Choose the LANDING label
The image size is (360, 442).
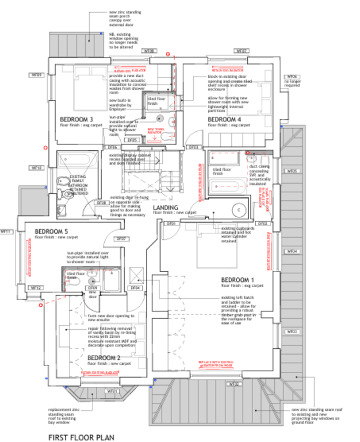pyautogui.click(x=166, y=207)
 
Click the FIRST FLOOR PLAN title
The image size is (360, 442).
pyautogui.click(x=81, y=437)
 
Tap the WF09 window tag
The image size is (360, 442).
pyautogui.click(x=37, y=75)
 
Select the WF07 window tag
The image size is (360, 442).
pyautogui.click(x=242, y=51)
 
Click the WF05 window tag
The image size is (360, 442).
pyautogui.click(x=292, y=171)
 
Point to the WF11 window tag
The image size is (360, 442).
pyautogui.click(x=6, y=231)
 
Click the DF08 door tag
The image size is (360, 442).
pyautogui.click(x=101, y=203)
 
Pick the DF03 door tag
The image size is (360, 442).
pyautogui.click(x=194, y=147)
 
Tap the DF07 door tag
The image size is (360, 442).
pyautogui.click(x=122, y=238)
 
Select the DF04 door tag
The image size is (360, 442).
pyautogui.click(x=136, y=287)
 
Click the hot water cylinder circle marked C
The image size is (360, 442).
pyautogui.click(x=237, y=210)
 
